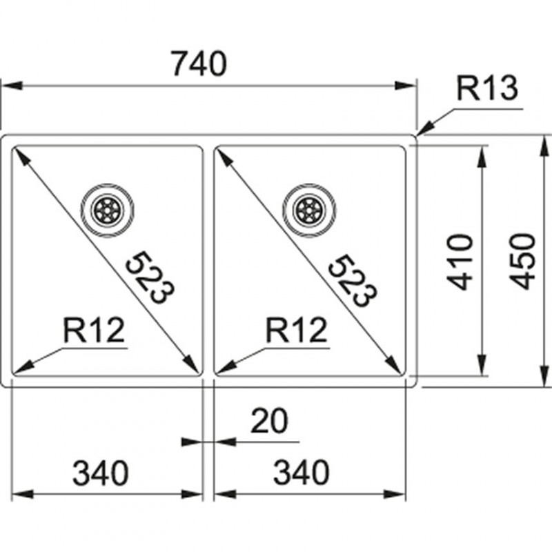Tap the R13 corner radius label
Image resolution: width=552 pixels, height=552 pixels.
tap(487, 89)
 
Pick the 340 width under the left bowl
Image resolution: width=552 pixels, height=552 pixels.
tap(101, 473)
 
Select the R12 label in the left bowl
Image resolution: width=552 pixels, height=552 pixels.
tap(94, 331)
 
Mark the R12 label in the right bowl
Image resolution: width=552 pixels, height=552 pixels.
tap(296, 331)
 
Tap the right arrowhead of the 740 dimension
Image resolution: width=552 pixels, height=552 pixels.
tap(411, 86)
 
